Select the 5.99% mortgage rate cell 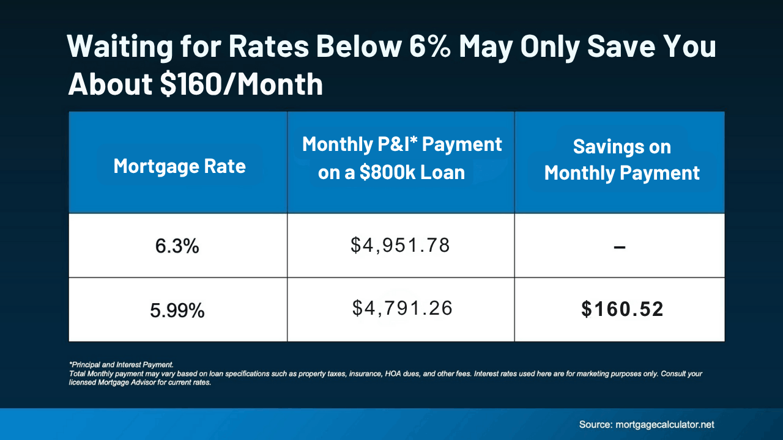point(177,311)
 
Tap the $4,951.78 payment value point(401,246)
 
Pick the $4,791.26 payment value point(403,308)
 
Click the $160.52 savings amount point(622,309)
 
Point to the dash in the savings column point(619,247)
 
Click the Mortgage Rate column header point(179,166)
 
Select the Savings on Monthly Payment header point(622,160)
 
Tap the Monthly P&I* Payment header point(402,145)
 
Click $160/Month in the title point(241,84)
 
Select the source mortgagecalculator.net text point(647,424)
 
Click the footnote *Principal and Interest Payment point(121,364)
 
